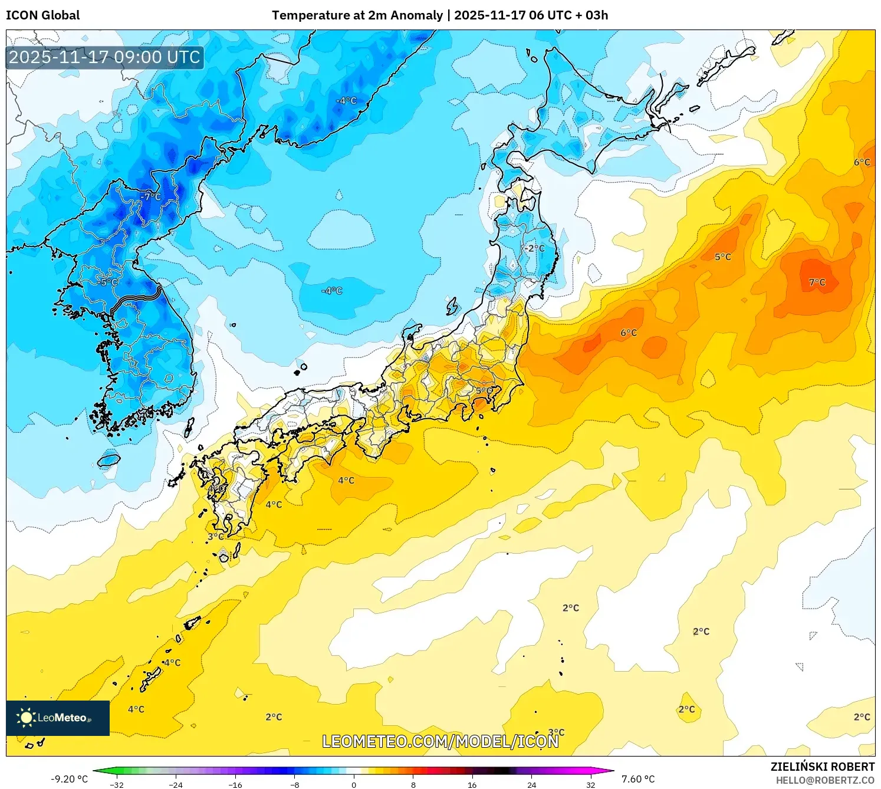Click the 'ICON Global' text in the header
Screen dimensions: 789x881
coord(42,15)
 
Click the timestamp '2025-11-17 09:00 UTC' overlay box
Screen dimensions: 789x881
coord(105,58)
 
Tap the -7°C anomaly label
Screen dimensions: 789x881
coord(151,196)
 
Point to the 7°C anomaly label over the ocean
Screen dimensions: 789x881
coord(817,282)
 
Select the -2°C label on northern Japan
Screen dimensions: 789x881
coord(535,248)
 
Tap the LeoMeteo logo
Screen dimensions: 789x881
coord(58,718)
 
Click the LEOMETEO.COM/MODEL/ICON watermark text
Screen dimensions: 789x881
coord(440,741)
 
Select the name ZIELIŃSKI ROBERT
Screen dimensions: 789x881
coord(823,767)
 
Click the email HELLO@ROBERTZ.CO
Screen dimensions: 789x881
coord(825,780)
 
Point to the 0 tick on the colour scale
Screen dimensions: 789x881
coord(354,784)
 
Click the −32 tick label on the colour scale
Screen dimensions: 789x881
coord(117,784)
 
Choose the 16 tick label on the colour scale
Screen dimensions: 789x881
coord(472,784)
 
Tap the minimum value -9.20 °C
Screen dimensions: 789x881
coord(69,779)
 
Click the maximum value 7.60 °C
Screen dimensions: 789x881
coord(638,779)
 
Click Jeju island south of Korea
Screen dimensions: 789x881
coord(109,459)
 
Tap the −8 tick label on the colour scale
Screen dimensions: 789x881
coord(295,784)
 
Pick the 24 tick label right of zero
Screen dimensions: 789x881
coord(531,784)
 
